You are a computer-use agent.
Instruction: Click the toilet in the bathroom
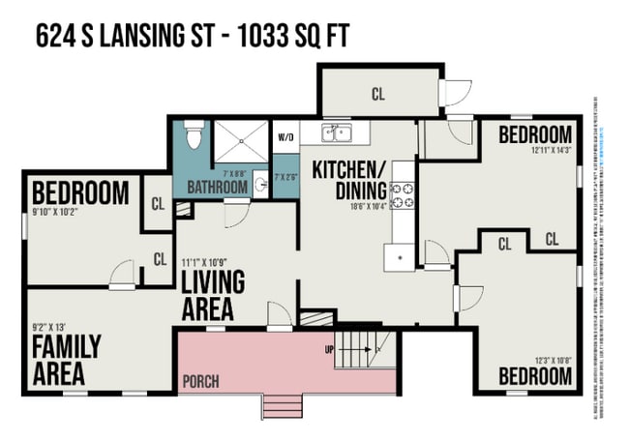(x=193, y=136)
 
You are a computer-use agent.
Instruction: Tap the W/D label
(x=285, y=136)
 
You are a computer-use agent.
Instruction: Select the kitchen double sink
(x=336, y=132)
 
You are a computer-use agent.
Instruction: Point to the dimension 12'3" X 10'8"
(x=551, y=360)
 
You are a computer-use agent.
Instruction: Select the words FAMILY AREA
(x=58, y=359)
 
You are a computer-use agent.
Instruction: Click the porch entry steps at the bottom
(x=282, y=405)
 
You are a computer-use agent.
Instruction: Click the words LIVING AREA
(x=213, y=295)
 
